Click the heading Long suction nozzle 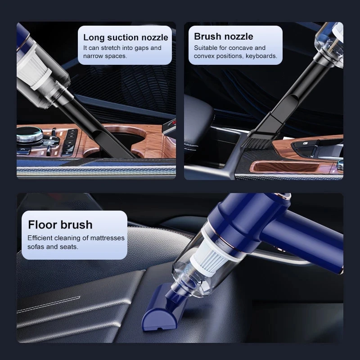click(126, 37)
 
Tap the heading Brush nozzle click(224, 36)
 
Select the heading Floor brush click(60, 225)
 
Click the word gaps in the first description click(139, 48)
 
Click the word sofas click(37, 247)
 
